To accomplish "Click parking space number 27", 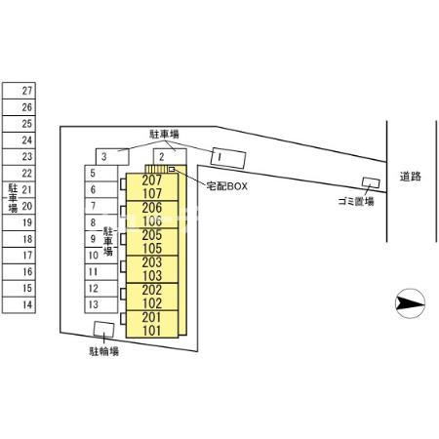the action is [x=19, y=91].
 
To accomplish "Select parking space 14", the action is [x=19, y=305].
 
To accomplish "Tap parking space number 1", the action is [x=228, y=158].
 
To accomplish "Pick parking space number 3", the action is [x=112, y=157].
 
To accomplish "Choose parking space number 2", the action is [x=170, y=157].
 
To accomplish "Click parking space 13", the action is [x=101, y=304].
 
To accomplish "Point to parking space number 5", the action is [x=101, y=174].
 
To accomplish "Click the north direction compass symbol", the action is [x=410, y=303].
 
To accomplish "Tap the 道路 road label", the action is [x=411, y=177].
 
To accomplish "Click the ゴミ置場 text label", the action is [x=356, y=202].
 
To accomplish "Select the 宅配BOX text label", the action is [x=227, y=186].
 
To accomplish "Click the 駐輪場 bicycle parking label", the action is [x=104, y=351].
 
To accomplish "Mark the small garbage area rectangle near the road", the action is [x=371, y=182].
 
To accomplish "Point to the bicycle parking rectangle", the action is [x=103, y=329].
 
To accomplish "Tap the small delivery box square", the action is [x=172, y=169].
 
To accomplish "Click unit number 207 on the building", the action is [x=152, y=180].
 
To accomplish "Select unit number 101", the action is [x=152, y=331].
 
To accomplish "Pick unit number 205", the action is [x=152, y=235].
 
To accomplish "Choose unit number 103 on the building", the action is [x=152, y=276].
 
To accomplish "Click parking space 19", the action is [x=19, y=222].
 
